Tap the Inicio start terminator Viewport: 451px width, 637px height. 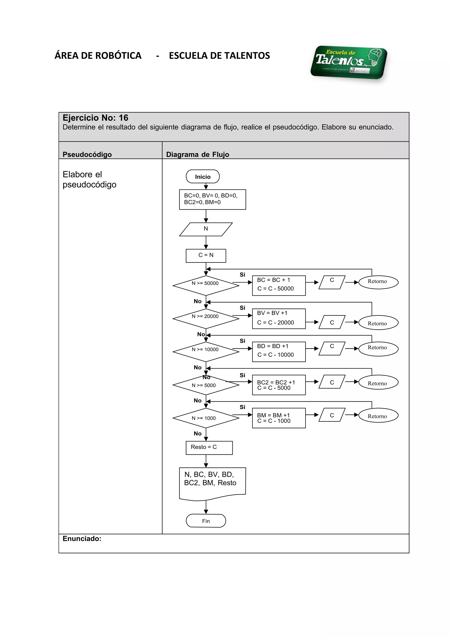[203, 177]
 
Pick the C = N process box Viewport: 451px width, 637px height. [206, 255]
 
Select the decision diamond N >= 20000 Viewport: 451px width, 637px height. [206, 318]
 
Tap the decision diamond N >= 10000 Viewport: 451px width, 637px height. [206, 351]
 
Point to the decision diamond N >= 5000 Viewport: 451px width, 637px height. [206, 385]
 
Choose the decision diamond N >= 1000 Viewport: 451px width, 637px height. [206, 418]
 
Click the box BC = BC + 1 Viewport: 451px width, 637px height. [278, 285]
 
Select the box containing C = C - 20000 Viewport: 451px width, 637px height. [278, 318]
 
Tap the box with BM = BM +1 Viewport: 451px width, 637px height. [278, 418]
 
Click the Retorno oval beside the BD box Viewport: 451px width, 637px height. [378, 348]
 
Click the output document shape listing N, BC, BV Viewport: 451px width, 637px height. [212, 483]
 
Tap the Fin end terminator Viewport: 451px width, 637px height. [206, 521]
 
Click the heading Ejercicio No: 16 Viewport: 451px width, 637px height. [95, 118]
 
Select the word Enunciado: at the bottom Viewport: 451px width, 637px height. [82, 539]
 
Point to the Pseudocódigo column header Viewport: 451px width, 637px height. [87, 155]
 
